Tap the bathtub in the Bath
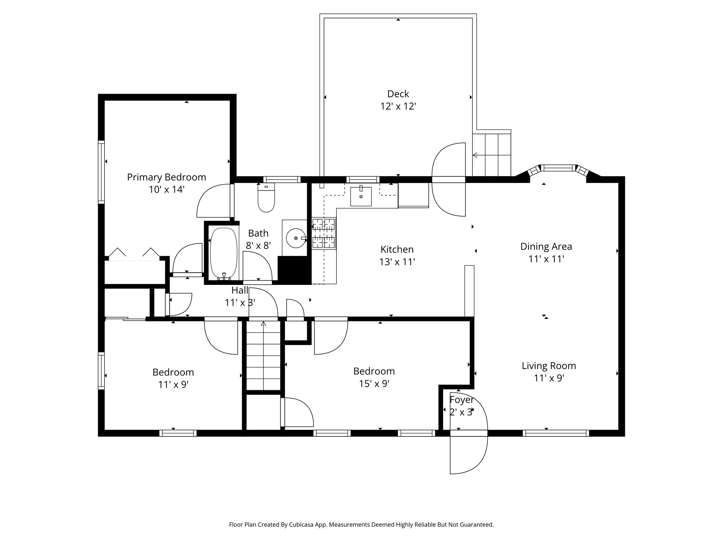pyautogui.click(x=223, y=253)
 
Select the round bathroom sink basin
pyautogui.click(x=295, y=238)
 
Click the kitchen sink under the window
pyautogui.click(x=361, y=197)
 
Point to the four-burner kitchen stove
pyautogui.click(x=323, y=233)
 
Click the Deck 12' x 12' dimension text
pyautogui.click(x=398, y=106)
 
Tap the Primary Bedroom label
pyautogui.click(x=166, y=177)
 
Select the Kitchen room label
pyautogui.click(x=397, y=250)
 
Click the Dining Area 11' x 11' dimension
pyautogui.click(x=546, y=259)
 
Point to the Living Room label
pyautogui.click(x=549, y=366)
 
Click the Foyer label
pyautogui.click(x=461, y=400)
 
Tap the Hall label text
pyautogui.click(x=240, y=291)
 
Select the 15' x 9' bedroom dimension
pyautogui.click(x=374, y=384)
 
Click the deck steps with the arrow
pyautogui.click(x=492, y=155)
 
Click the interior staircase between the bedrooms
pyautogui.click(x=263, y=355)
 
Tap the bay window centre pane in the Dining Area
pyautogui.click(x=558, y=168)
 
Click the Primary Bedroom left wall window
pyautogui.click(x=101, y=172)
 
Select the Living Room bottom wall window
pyautogui.click(x=556, y=433)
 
